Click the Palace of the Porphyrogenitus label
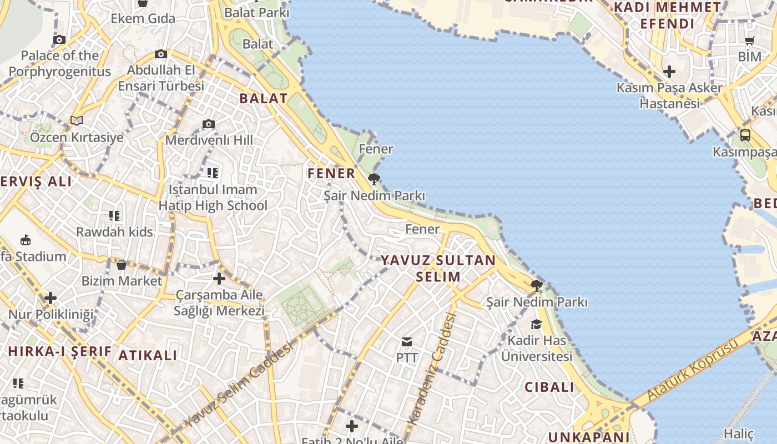pos(60,63)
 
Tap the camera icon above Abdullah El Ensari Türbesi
pos(161,54)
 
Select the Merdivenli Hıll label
pos(209,140)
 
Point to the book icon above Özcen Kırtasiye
pos(77,120)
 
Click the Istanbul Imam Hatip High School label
pos(213,198)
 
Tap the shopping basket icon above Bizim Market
pos(122,265)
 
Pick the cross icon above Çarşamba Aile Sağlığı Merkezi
pos(219,279)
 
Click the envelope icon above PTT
pos(407,341)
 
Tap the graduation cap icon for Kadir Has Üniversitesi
pos(536,324)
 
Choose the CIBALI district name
pos(549,387)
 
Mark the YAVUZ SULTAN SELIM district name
pos(438,268)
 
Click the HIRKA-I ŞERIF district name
pos(60,351)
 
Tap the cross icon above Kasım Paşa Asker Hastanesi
pos(669,72)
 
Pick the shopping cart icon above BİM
pos(749,40)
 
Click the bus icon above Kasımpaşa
pos(745,135)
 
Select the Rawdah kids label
pos(114,231)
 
